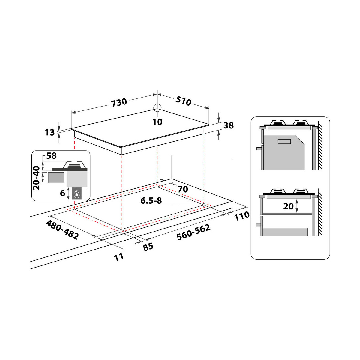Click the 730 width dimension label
tap(119, 103)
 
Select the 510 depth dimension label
tap(184, 101)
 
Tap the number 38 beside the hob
tap(229, 125)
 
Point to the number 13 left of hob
tap(50, 132)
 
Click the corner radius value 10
tap(157, 122)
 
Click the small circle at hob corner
tap(157, 108)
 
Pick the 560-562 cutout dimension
tap(194, 232)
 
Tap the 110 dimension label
tap(242, 216)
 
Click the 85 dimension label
tap(148, 247)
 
